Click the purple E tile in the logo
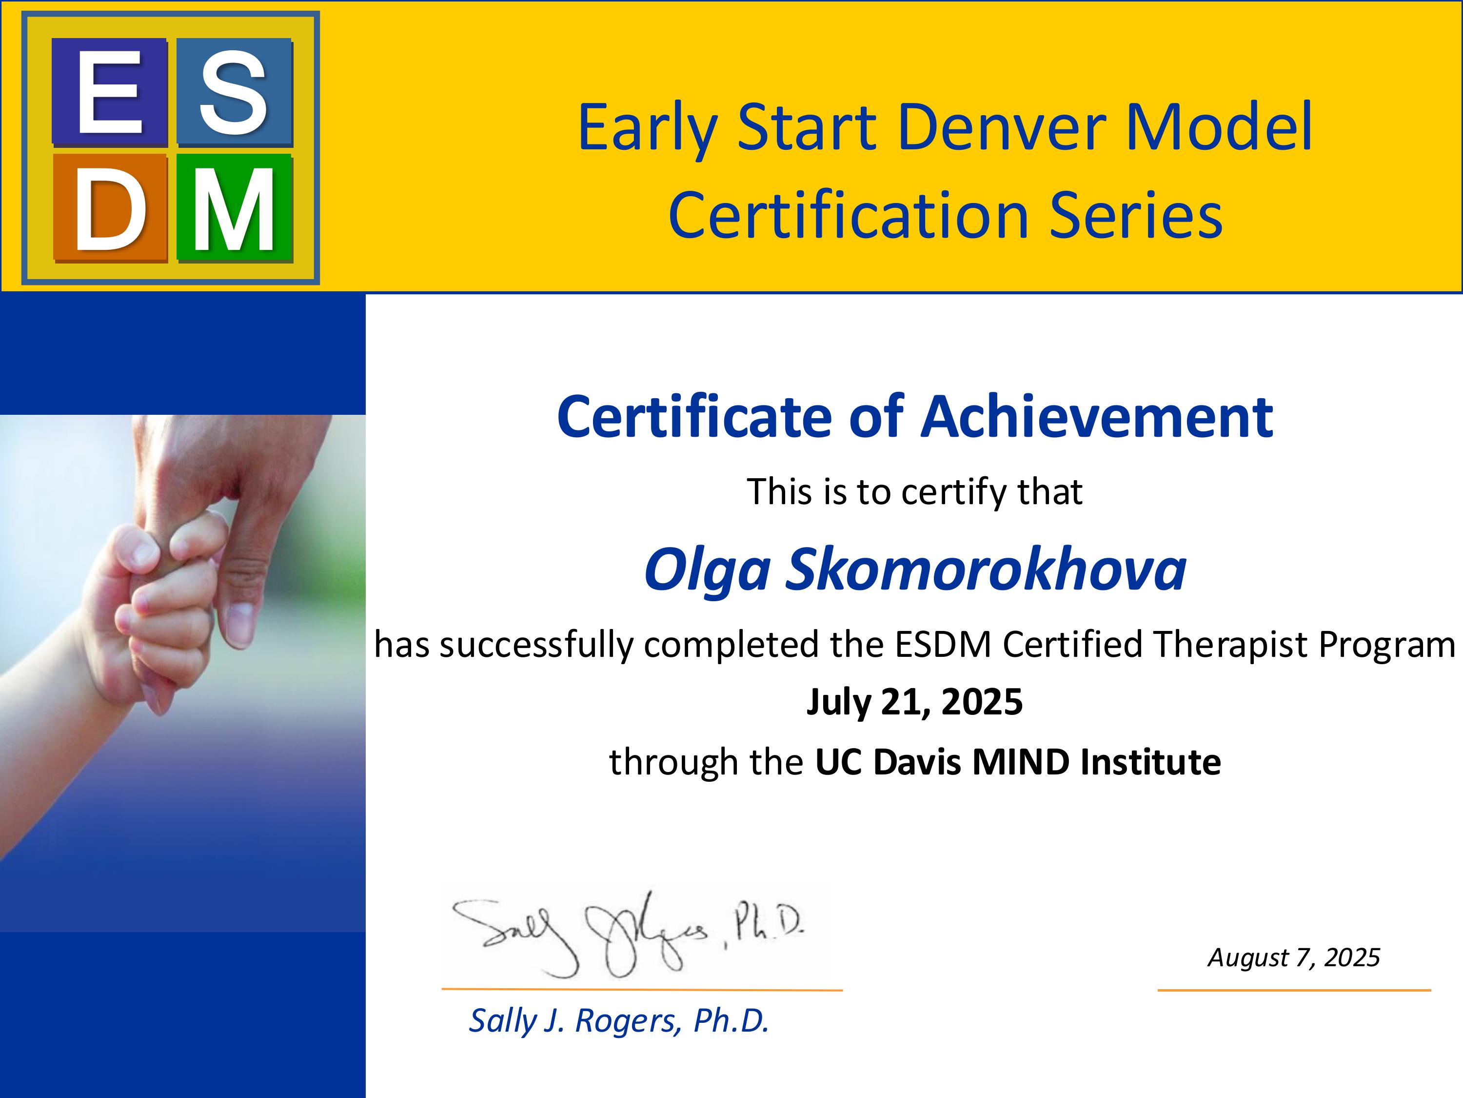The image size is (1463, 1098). pyautogui.click(x=109, y=92)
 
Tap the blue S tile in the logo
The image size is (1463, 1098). pyautogui.click(x=234, y=92)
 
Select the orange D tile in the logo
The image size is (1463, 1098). pyautogui.click(x=109, y=208)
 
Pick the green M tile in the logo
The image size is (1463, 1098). pyautogui.click(x=234, y=208)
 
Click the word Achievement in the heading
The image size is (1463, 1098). pyautogui.click(x=1097, y=416)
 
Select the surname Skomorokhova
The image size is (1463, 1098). pyautogui.click(x=986, y=569)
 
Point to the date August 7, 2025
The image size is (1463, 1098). pyautogui.click(x=1294, y=957)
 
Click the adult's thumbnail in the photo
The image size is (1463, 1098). pyautogui.click(x=239, y=622)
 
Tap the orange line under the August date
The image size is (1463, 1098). pyautogui.click(x=1294, y=990)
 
